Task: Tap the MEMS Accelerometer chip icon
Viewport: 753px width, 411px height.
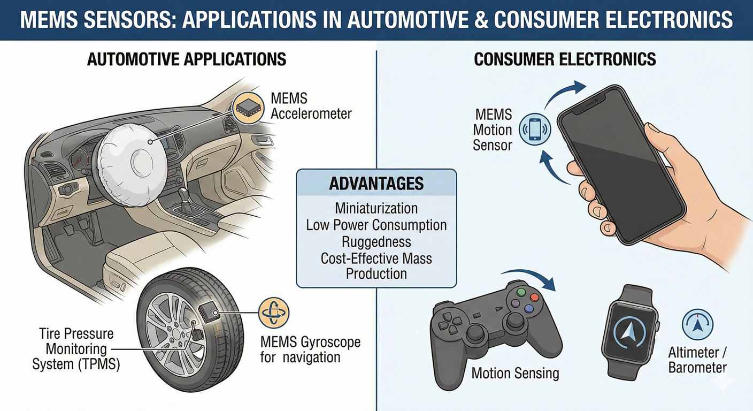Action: pyautogui.click(x=249, y=108)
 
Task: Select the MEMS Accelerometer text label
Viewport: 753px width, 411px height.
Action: pyautogui.click(x=311, y=106)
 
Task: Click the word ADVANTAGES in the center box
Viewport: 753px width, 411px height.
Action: pyautogui.click(x=376, y=184)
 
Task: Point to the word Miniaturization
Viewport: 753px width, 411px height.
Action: pyautogui.click(x=376, y=209)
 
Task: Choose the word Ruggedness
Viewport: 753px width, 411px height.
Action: pyautogui.click(x=376, y=242)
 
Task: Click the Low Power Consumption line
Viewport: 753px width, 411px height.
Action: pyautogui.click(x=376, y=225)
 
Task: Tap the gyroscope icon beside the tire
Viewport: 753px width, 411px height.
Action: pyautogui.click(x=274, y=313)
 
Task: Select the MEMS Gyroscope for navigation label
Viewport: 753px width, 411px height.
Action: pyautogui.click(x=310, y=349)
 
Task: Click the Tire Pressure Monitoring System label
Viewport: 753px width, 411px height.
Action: pyautogui.click(x=76, y=349)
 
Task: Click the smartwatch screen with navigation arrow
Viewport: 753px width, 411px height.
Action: pyautogui.click(x=629, y=330)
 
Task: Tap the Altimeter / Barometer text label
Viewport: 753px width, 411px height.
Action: pyautogui.click(x=697, y=360)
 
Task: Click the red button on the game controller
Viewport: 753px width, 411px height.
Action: pyautogui.click(x=534, y=298)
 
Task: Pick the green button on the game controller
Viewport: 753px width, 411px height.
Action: pyautogui.click(x=521, y=292)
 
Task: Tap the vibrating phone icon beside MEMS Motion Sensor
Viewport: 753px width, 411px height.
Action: pyautogui.click(x=534, y=130)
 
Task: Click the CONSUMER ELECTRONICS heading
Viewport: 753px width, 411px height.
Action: pyautogui.click(x=565, y=59)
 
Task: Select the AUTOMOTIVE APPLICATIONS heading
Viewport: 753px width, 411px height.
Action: pyautogui.click(x=187, y=59)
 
